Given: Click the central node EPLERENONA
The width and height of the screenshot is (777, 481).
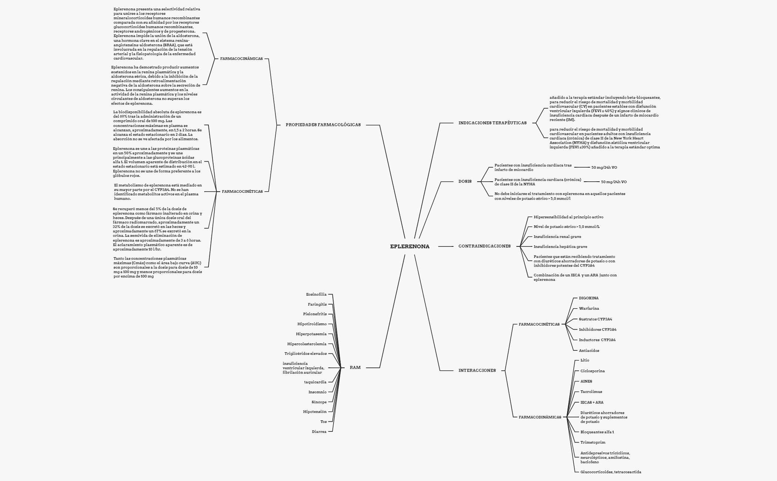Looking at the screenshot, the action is (x=410, y=246).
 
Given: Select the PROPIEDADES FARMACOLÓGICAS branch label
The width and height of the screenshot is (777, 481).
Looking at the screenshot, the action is (x=323, y=125).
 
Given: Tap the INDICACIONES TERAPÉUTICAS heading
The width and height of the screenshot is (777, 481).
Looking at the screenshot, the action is (x=492, y=123).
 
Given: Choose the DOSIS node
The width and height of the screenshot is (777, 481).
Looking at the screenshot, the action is (x=465, y=181).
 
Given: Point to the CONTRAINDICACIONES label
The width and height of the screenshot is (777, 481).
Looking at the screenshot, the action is (x=485, y=246).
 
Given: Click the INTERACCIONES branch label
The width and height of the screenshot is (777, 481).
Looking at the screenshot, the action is (x=477, y=370).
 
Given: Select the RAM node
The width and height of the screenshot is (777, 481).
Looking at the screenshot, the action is (x=355, y=367).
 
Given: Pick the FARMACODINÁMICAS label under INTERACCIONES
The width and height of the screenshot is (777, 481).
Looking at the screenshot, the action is (x=540, y=417).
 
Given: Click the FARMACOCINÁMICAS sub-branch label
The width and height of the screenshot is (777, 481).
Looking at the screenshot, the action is (x=241, y=58).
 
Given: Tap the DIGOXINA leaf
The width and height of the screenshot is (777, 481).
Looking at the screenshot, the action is (x=589, y=298).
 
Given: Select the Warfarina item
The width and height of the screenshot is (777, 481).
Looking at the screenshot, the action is (x=589, y=308).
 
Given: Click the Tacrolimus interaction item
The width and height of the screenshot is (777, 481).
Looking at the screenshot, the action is (x=591, y=391).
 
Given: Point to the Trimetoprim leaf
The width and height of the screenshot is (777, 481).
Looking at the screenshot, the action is (x=593, y=442).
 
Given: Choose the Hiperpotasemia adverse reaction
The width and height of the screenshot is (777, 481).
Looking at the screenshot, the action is (x=311, y=334).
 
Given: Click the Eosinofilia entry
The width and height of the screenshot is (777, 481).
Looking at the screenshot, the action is (x=317, y=294).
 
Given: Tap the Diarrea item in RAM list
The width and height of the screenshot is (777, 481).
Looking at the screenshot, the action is (x=319, y=431).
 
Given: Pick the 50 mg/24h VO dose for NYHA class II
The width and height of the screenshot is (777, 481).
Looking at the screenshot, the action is (x=614, y=182).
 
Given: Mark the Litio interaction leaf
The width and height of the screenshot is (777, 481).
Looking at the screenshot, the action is (x=585, y=360).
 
